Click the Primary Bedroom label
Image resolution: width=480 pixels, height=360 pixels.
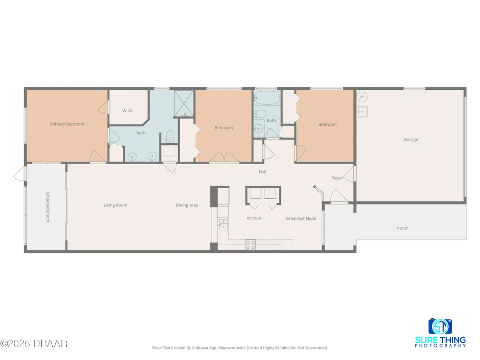tap(67, 124)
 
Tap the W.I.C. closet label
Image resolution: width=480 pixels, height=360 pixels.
tap(128, 110)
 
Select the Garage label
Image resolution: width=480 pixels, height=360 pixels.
tap(411, 140)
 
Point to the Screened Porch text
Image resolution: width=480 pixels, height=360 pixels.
tap(48, 206)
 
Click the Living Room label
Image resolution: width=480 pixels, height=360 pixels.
tap(115, 205)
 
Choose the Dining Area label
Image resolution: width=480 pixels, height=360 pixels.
tap(187, 205)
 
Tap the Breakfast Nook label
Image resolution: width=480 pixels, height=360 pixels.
tap(301, 218)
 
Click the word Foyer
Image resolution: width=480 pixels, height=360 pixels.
tap(337, 178)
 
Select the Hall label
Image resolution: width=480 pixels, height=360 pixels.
tap(263, 172)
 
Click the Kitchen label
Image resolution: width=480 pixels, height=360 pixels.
tap(254, 218)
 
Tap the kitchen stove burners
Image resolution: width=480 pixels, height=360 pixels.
tap(250, 245)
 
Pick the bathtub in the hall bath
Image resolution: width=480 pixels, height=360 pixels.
tap(267, 98)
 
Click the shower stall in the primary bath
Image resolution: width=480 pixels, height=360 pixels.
tap(184, 104)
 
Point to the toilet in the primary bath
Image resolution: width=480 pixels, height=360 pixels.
tap(169, 136)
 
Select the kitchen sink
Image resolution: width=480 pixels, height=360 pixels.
tap(223, 224)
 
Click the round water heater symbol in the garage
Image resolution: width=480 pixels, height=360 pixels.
tap(362, 96)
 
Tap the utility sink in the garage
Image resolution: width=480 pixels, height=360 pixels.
tap(362, 111)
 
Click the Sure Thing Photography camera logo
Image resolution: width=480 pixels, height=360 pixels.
tap(440, 326)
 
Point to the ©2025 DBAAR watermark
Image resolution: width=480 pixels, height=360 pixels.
tap(34, 344)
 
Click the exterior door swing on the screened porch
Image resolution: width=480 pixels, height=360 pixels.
tap(19, 174)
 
